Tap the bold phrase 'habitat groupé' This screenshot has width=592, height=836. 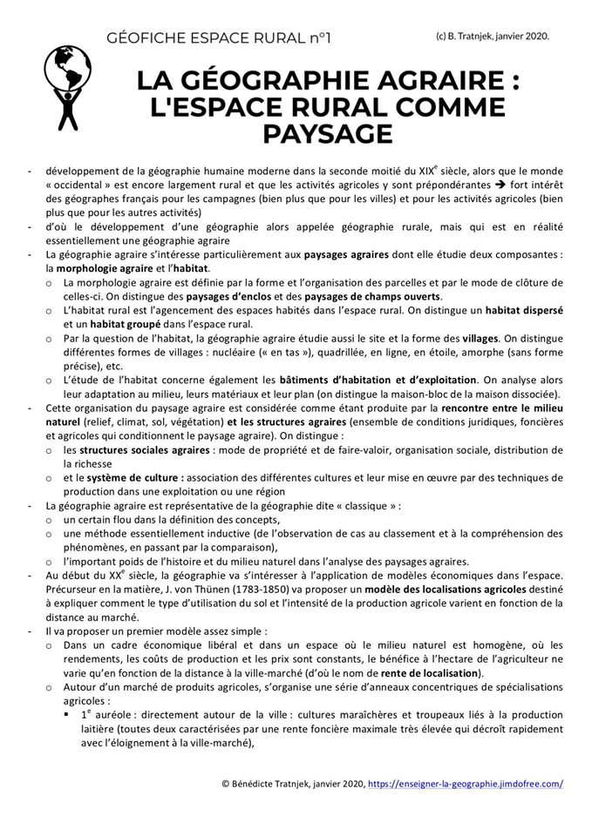(x=118, y=324)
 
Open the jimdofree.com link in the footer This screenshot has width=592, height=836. (x=466, y=783)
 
